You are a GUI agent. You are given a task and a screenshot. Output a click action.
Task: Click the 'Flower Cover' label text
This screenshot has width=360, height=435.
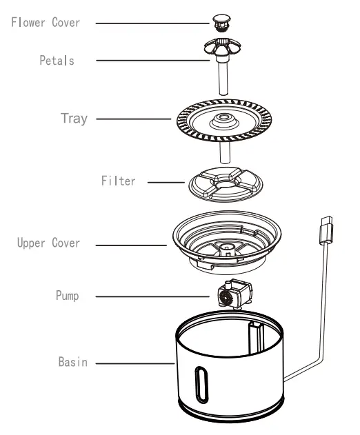tap(46, 23)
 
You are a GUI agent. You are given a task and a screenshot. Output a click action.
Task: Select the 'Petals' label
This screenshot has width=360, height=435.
tap(57, 61)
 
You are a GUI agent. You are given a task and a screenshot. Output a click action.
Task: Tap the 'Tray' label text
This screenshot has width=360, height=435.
tap(73, 119)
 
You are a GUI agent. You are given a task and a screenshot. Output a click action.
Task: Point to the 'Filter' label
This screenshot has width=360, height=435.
tap(119, 183)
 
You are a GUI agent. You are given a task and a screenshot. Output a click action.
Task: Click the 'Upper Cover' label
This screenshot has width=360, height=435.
tap(48, 243)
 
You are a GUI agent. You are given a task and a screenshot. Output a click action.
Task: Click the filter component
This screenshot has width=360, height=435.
tap(222, 182)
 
